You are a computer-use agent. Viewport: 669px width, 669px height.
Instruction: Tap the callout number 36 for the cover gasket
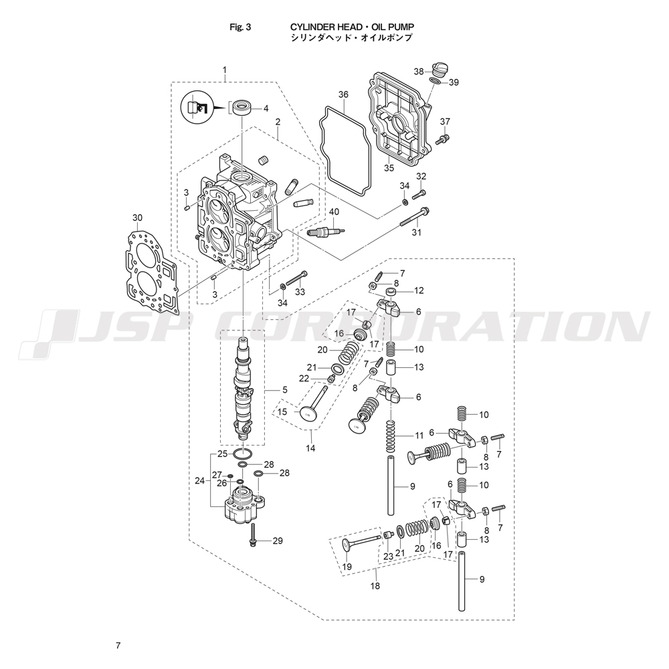(343, 95)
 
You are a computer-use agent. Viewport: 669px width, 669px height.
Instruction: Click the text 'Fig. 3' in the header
(240, 27)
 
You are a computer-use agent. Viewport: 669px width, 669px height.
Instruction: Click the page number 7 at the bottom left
(118, 646)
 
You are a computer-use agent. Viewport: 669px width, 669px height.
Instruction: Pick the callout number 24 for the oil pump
(199, 480)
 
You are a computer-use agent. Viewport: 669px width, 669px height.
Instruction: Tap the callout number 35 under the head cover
(389, 168)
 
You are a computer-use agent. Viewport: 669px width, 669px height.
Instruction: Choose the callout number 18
(375, 586)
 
